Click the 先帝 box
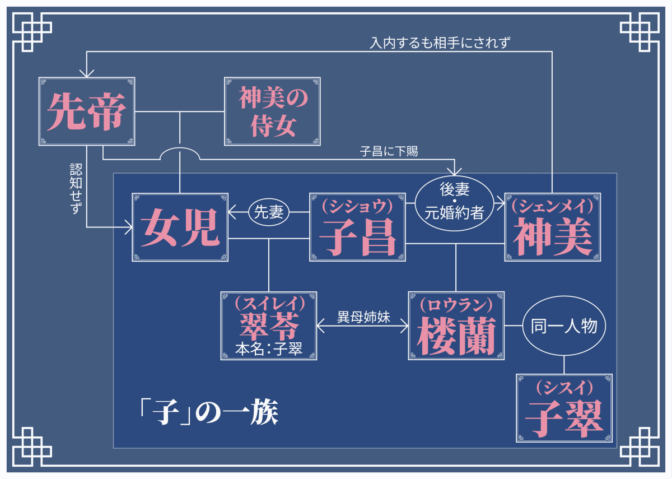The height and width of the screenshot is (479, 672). (x=87, y=111)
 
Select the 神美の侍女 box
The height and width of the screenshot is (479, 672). (x=272, y=111)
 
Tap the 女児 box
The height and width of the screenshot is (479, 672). (x=180, y=227)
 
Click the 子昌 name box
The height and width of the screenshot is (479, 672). (x=358, y=227)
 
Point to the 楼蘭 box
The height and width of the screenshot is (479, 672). (x=456, y=325)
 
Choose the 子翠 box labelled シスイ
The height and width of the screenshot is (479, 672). (x=564, y=408)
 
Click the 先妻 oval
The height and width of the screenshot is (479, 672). (x=269, y=212)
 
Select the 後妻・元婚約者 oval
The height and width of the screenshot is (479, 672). (x=455, y=203)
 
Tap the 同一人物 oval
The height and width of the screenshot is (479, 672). (x=564, y=325)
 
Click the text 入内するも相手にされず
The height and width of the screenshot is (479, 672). (x=440, y=43)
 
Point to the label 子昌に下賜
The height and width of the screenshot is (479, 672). (x=389, y=151)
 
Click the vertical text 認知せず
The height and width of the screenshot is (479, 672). (x=76, y=189)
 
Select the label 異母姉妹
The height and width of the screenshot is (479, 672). (x=363, y=317)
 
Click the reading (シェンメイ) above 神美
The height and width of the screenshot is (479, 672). (x=552, y=207)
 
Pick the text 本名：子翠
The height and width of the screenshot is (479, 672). (x=269, y=348)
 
